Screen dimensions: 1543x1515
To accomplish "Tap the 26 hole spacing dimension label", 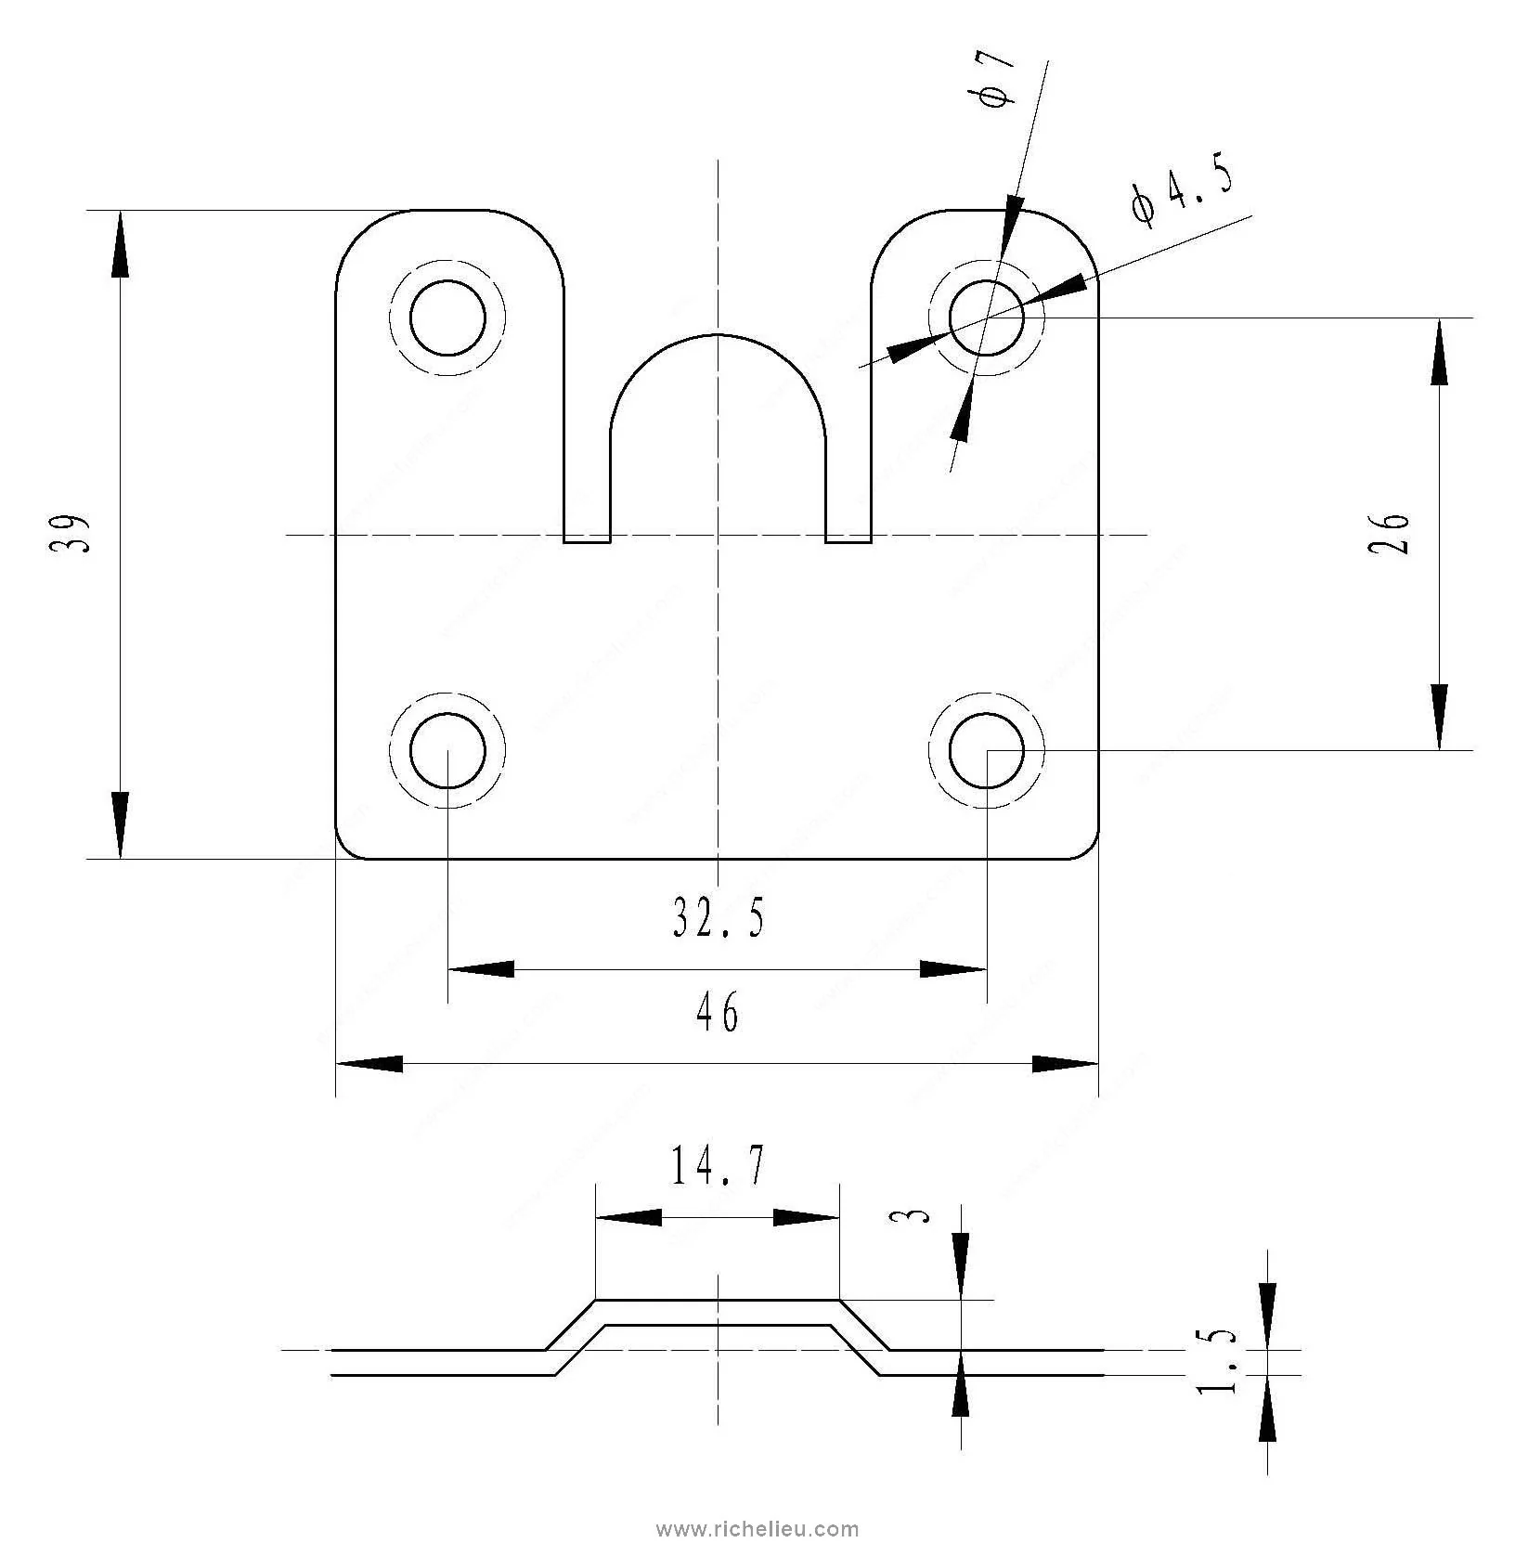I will point(1390,533).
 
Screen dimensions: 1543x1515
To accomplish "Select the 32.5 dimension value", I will point(719,918).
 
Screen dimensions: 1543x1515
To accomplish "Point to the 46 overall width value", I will point(718,1012).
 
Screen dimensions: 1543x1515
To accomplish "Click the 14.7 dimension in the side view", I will point(718,1165).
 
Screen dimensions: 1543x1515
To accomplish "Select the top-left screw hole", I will point(447,318).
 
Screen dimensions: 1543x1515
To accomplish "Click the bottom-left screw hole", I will point(447,750).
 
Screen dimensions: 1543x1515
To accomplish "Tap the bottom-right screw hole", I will point(987,750).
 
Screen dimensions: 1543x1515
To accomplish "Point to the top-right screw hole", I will point(987,318).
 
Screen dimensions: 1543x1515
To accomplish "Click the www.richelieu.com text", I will point(757,1529).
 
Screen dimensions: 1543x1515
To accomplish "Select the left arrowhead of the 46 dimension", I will point(369,1064).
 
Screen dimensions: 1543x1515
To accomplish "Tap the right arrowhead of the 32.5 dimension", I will point(953,969).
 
